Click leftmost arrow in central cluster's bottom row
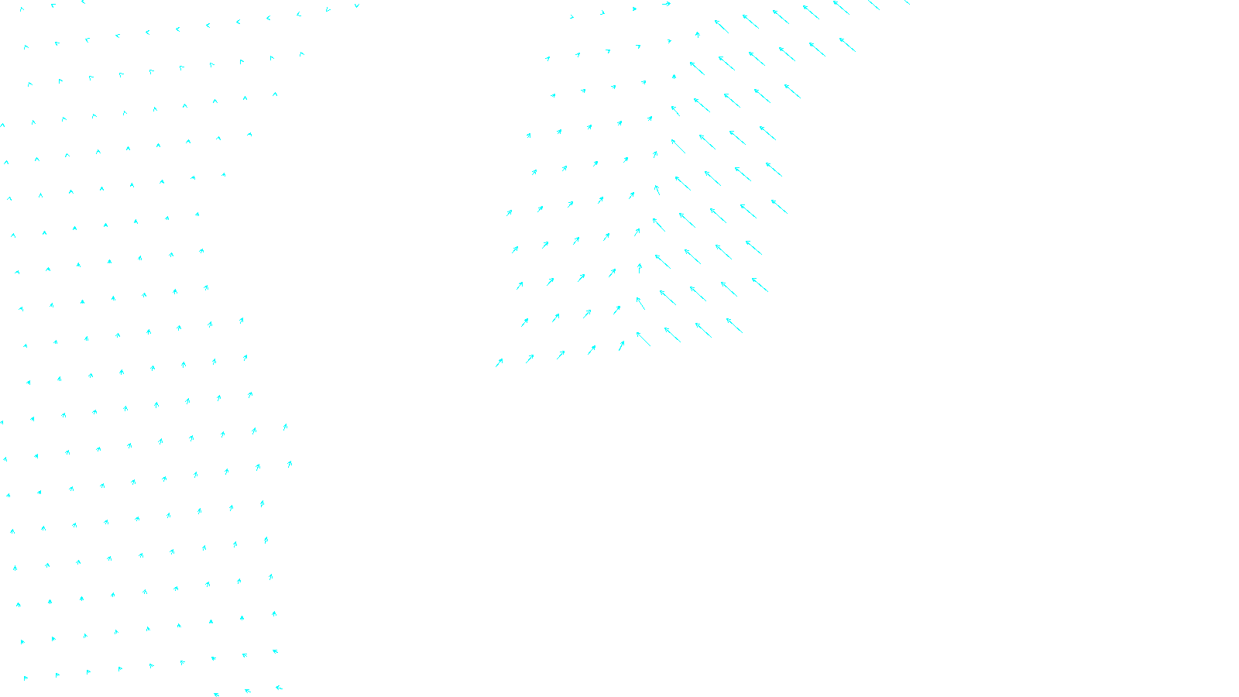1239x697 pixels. tap(499, 362)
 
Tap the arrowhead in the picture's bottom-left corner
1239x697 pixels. tap(26, 678)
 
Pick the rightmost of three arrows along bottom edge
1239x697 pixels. tap(278, 687)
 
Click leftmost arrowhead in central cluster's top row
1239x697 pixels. tap(572, 16)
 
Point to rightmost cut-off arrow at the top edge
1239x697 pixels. tap(907, 2)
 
